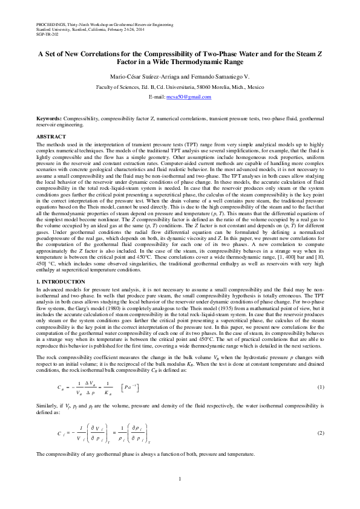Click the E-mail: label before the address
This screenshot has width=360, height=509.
click(157, 97)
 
